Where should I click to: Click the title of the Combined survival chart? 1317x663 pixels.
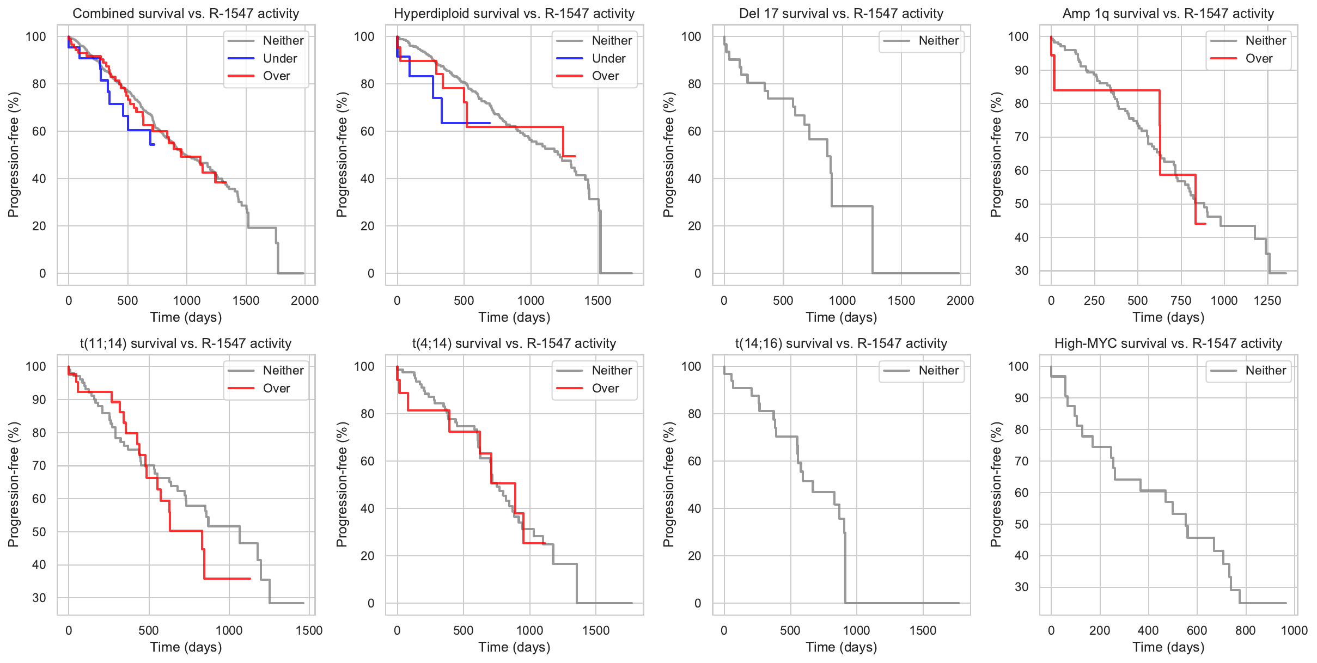coord(186,14)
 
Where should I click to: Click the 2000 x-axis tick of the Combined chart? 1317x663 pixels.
coord(304,300)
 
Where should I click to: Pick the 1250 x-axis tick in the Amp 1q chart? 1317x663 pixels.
coord(1267,300)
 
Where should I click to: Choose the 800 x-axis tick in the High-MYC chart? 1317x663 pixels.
coord(1246,630)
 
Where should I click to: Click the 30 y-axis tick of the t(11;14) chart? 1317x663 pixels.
coord(39,598)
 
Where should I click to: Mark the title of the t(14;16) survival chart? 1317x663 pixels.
coord(841,343)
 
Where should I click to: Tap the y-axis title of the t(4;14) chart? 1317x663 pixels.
coord(342,484)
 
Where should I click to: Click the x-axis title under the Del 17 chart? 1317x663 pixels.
coord(841,317)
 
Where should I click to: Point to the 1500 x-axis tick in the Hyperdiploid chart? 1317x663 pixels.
coord(597,300)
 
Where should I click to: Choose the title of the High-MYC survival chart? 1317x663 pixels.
coord(1168,343)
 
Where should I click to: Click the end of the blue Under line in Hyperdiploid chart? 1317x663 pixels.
coord(490,123)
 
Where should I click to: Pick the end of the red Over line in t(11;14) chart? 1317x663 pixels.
coord(250,579)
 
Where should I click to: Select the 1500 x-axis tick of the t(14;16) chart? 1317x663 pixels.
coord(923,630)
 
